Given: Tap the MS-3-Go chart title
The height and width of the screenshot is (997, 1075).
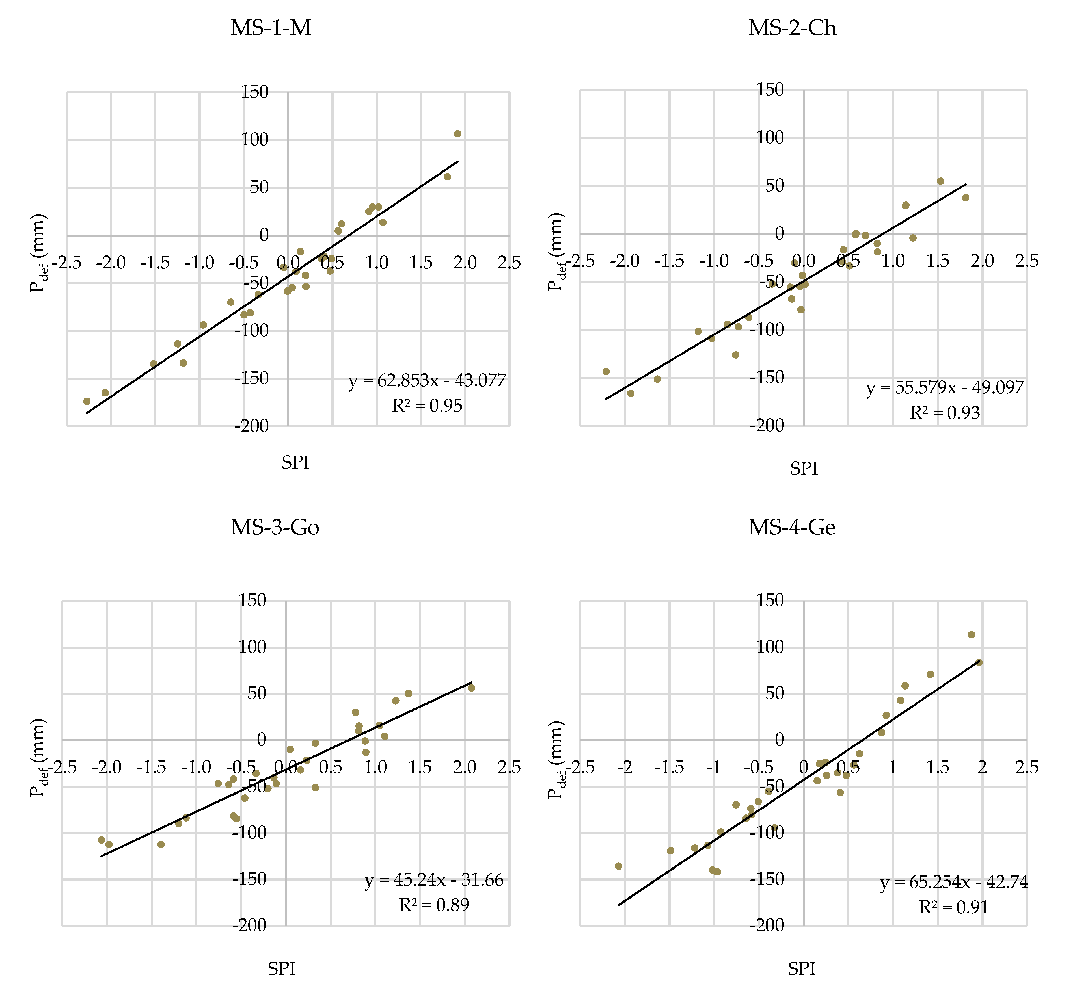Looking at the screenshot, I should pos(275,527).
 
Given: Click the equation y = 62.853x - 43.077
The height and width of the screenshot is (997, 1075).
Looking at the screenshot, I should pos(427,381).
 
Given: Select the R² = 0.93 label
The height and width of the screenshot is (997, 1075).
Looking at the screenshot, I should pos(944,413).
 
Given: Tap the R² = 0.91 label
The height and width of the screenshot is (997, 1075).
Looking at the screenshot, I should pos(954,907).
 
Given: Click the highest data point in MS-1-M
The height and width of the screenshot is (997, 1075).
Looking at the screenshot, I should pos(458,134).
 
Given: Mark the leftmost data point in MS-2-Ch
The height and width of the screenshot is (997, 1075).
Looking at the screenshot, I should pos(606,371).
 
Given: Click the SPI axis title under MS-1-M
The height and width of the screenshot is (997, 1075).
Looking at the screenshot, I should pos(295,462).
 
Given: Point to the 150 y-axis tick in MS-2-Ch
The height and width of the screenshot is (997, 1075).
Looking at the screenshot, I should pos(770,90).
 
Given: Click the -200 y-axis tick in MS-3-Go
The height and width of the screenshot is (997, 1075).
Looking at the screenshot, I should pos(249,926).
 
